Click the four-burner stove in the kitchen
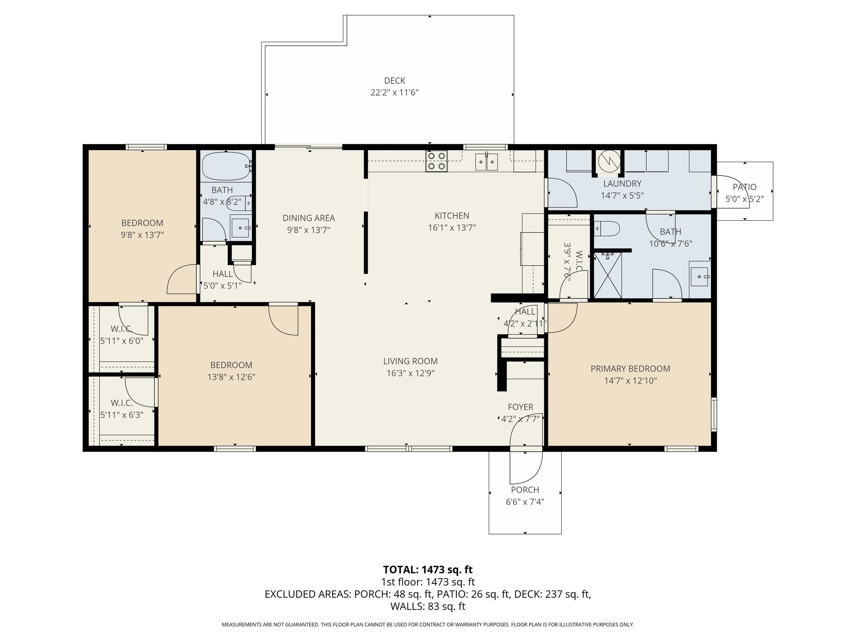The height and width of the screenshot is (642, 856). pos(436,161)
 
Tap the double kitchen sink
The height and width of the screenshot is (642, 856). pos(487,162)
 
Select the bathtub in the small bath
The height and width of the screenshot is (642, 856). pos(226,166)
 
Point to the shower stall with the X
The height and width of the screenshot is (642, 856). pos(608,275)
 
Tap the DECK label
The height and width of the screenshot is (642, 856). pos(395,81)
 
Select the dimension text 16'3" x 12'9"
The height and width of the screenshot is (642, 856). pos(410,373)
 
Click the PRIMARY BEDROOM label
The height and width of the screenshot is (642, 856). pos(630,369)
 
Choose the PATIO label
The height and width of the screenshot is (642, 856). pos(744,187)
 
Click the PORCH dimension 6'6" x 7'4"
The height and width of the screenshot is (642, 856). pos(525,502)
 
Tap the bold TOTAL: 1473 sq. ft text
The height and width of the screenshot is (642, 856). pos(428,569)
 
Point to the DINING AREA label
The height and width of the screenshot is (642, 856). pos(308,218)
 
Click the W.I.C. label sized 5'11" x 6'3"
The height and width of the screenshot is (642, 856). pos(122,403)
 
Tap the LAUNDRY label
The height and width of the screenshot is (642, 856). pos(622,183)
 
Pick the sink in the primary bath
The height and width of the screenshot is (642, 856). pos(700,276)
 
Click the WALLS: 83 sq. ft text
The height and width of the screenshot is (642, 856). pos(428,606)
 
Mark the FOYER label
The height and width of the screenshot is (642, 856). pos(520,407)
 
